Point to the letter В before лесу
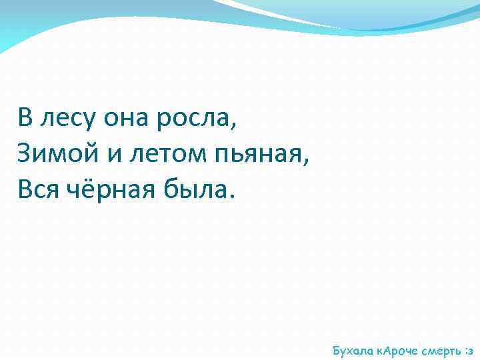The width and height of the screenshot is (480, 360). pos(25,119)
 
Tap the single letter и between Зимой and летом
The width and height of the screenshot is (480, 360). pos(112,156)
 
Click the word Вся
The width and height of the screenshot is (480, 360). pos(40,191)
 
